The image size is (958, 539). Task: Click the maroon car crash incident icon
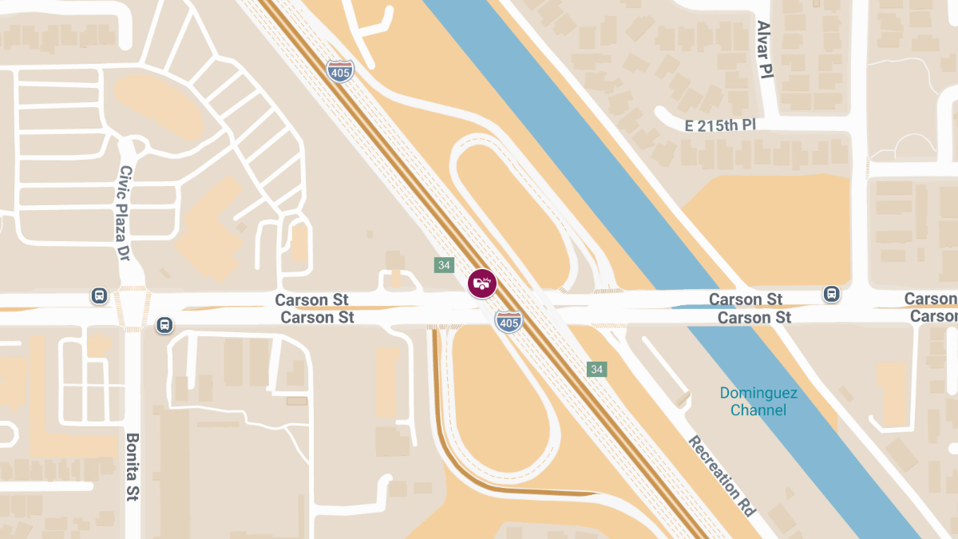[481, 283]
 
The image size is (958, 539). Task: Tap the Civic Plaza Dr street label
[125, 214]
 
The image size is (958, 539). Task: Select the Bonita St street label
[133, 467]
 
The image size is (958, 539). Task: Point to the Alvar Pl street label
[765, 50]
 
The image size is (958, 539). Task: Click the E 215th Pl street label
[720, 125]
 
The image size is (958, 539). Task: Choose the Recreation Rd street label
[722, 476]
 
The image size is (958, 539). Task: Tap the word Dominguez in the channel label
[758, 393]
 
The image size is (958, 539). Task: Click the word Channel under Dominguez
[758, 410]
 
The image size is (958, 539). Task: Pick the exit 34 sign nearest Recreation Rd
[596, 369]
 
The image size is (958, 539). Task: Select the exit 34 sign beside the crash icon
[444, 265]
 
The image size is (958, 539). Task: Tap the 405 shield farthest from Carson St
[339, 70]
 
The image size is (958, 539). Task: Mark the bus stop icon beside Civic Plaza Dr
[99, 295]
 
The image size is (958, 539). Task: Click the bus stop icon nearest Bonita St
[164, 325]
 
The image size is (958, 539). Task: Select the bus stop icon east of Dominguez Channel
[831, 294]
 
